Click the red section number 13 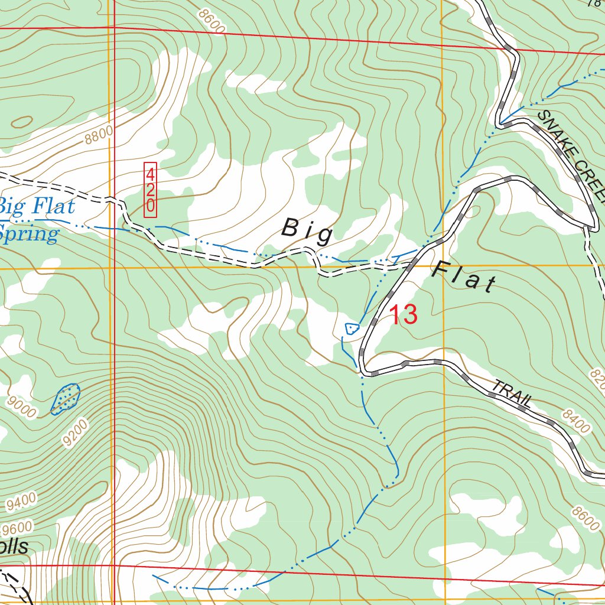click(404, 315)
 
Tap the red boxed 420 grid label click(151, 190)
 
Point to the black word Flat click(464, 278)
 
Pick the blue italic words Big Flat click(37, 207)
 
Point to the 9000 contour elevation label click(23, 407)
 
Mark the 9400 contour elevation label click(22, 502)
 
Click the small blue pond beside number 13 click(352, 328)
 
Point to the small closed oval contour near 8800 click(22, 122)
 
